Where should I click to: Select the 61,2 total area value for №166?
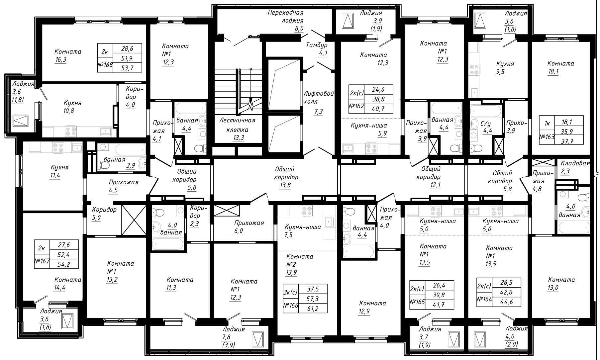[x=313, y=309]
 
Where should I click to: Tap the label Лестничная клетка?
[x=237, y=125]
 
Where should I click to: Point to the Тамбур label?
[x=317, y=45]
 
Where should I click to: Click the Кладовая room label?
[x=575, y=163]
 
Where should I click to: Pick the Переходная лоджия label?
[x=286, y=17]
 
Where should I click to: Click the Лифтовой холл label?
[x=319, y=98]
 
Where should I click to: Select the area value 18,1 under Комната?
[x=553, y=72]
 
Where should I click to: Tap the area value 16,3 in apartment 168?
[x=60, y=60]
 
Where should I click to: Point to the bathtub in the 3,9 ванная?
[x=130, y=150]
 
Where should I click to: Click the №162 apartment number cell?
[x=357, y=106]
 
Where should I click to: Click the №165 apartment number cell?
[x=418, y=302]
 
